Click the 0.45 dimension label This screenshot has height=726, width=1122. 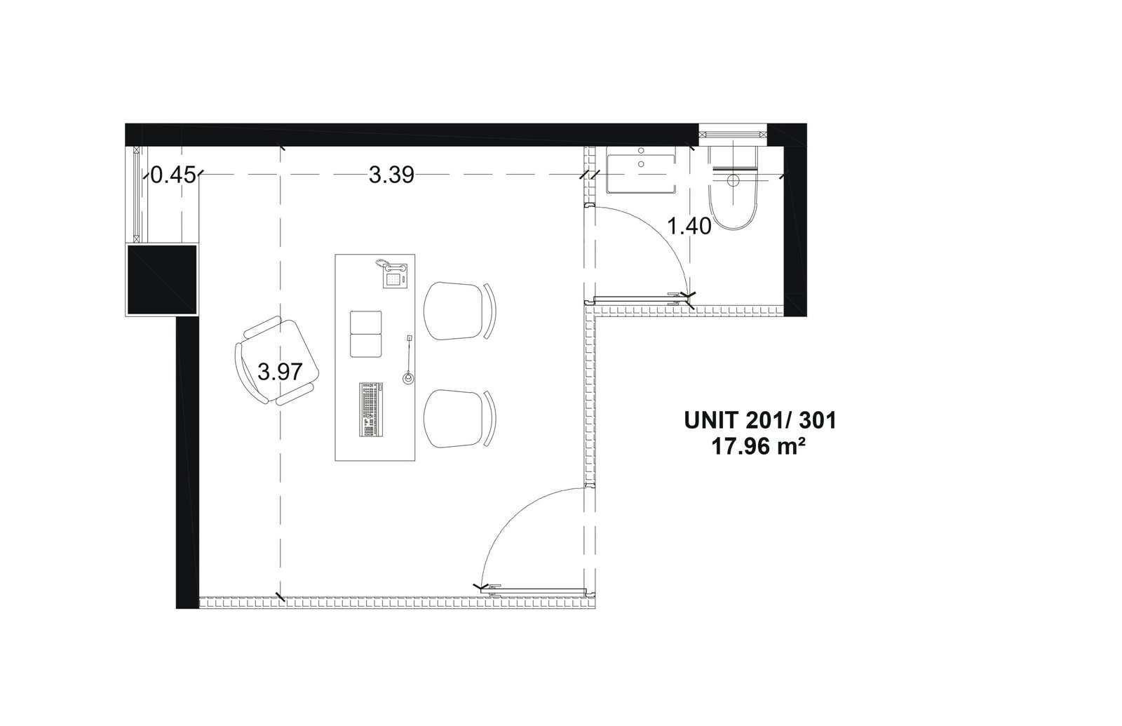tap(173, 175)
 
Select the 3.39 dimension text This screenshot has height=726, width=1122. tap(391, 175)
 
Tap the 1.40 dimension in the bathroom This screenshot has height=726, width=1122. tap(689, 227)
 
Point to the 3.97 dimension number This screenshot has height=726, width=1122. tap(280, 372)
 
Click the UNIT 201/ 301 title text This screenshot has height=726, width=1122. tap(760, 421)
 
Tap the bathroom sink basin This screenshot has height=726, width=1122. tap(641, 174)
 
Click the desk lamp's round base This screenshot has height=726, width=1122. tap(409, 378)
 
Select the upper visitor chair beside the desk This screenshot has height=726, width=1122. tap(459, 311)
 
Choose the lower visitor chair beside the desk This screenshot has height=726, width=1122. tap(459, 418)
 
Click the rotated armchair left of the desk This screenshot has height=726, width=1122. tap(277, 361)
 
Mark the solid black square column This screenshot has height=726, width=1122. tap(162, 280)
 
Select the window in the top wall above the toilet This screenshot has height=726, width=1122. tap(734, 134)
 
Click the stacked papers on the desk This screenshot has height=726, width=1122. tap(365, 334)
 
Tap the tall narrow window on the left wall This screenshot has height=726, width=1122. tap(137, 195)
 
